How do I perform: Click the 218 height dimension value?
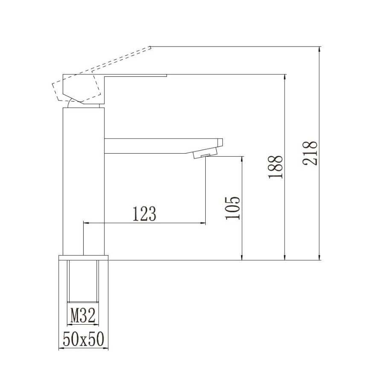click(x=310, y=153)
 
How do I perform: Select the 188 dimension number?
click(x=275, y=167)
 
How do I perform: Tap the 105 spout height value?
click(x=233, y=208)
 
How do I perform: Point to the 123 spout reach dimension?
click(x=144, y=214)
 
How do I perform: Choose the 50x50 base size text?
click(x=84, y=339)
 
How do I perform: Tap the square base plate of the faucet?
click(x=84, y=258)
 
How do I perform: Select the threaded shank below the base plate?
click(x=83, y=281)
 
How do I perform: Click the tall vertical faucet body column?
click(x=84, y=181)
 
